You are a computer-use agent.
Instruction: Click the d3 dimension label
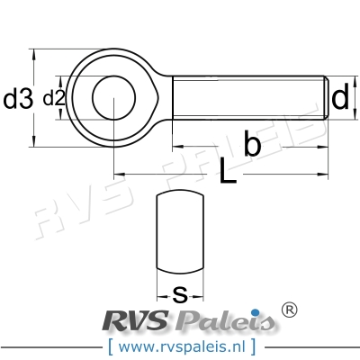(x=18, y=99)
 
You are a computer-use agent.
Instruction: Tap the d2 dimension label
(x=54, y=99)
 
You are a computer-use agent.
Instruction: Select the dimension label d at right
(x=339, y=98)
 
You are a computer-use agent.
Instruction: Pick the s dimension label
(x=180, y=292)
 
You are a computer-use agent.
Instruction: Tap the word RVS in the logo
(x=136, y=321)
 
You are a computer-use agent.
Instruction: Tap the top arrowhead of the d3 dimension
(x=34, y=52)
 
